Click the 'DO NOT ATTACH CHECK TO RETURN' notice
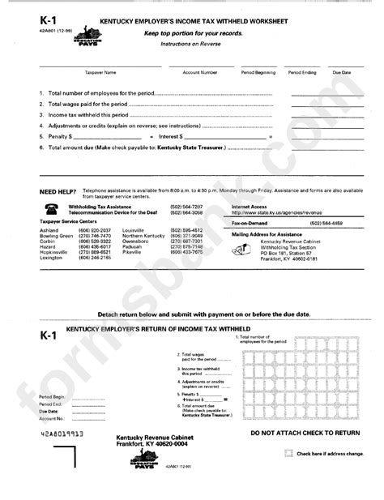(x=305, y=434)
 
